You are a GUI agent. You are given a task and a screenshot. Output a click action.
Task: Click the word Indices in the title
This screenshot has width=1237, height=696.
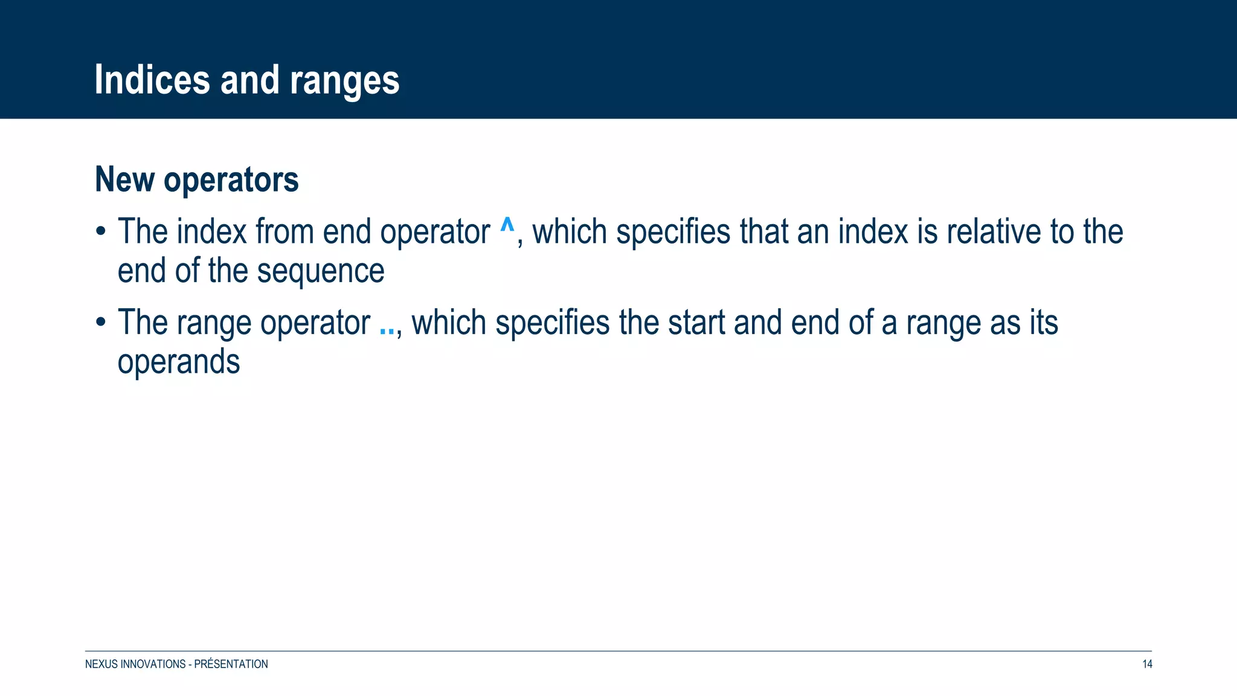coord(152,80)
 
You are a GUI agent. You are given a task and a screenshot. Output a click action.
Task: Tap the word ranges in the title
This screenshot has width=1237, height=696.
coord(344,81)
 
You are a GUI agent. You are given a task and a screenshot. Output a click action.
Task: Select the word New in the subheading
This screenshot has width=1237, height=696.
coord(124,179)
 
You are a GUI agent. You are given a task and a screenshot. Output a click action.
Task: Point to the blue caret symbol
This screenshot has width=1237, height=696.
coord(507,227)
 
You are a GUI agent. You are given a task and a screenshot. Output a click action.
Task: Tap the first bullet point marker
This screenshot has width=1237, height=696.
coord(101,232)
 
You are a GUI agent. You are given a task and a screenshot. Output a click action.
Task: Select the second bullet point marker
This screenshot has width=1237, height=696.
coord(101,323)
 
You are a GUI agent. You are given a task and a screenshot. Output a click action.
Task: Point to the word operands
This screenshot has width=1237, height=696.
coord(179,362)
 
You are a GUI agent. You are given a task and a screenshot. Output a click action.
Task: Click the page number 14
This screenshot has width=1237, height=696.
coord(1147,664)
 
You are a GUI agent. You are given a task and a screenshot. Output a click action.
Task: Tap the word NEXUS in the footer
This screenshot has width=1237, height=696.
coord(101,664)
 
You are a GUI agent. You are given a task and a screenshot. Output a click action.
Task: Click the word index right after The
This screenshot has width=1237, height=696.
coord(211,231)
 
